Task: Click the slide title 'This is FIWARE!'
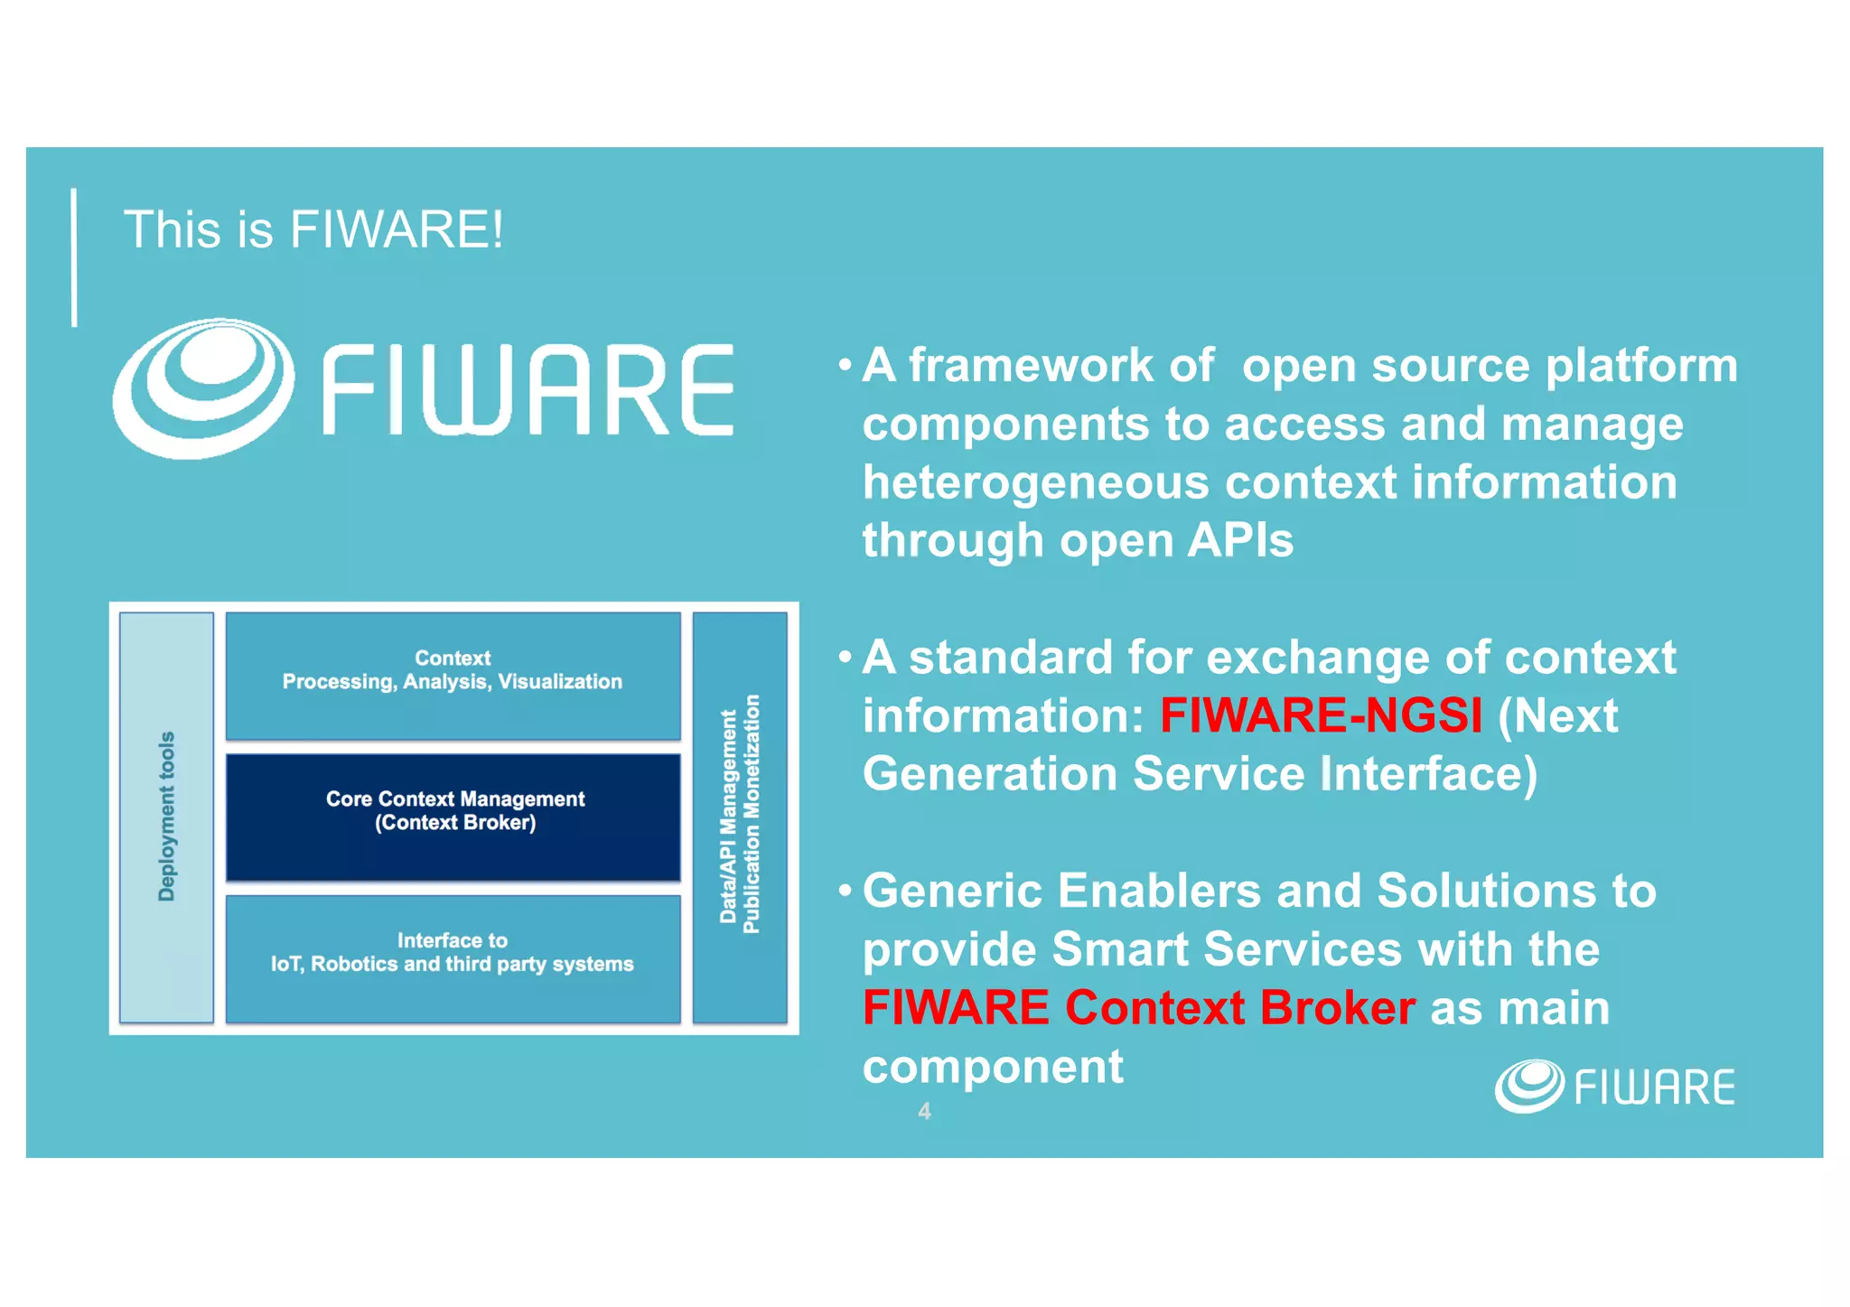[x=313, y=229]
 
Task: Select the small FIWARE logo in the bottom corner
[x=1614, y=1086]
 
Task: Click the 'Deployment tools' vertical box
[x=167, y=817]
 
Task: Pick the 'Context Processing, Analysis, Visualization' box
[x=453, y=675]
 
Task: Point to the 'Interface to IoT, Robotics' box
[x=453, y=957]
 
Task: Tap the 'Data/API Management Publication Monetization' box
[x=740, y=817]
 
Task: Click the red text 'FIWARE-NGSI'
[x=1321, y=715]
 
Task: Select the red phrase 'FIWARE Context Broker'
[x=1138, y=1007]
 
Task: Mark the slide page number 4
[x=924, y=1111]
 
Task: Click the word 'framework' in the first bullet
[x=1031, y=366]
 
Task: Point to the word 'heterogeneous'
[x=1035, y=482]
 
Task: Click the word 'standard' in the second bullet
[x=1011, y=657]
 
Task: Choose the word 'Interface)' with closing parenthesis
[x=1427, y=774]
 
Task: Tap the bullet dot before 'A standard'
[x=845, y=657]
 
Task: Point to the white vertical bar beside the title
[x=74, y=257]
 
